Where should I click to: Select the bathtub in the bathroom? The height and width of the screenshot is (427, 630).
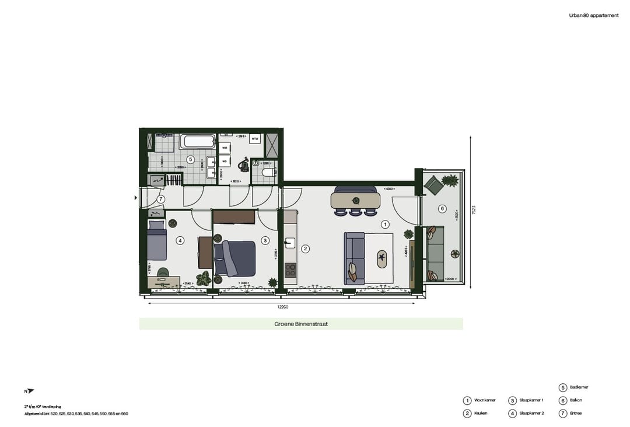197,141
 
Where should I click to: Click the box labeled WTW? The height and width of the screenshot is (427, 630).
255,139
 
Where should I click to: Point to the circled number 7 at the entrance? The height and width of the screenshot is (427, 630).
161,199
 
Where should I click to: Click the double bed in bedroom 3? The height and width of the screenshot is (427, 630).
235,258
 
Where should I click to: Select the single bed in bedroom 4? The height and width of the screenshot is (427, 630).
156,242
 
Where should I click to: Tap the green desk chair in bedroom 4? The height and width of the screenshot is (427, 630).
163,272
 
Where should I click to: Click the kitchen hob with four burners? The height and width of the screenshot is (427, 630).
290,269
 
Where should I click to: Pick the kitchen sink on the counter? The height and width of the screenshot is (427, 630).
289,243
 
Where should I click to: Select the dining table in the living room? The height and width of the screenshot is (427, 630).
355,201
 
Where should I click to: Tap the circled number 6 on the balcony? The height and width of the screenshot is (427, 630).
442,209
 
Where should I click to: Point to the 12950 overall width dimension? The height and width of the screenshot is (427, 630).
282,307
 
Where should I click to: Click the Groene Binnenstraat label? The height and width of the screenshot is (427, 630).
301,324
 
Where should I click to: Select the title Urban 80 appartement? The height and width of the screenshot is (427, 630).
593,16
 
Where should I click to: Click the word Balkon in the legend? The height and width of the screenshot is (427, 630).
576,400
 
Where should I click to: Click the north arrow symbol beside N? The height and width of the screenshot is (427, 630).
31,391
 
